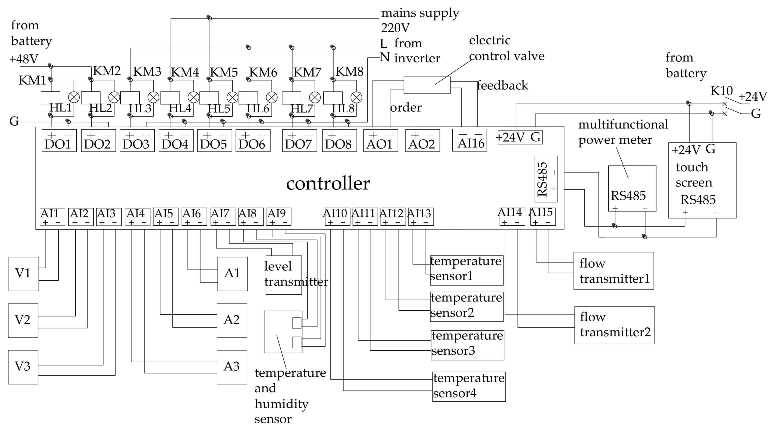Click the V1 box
pyautogui.click(x=23, y=274)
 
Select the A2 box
pyautogui.click(x=232, y=320)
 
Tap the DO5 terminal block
pyautogui.click(x=214, y=140)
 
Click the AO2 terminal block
pyautogui.click(x=422, y=140)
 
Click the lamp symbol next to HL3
pyautogui.click(x=153, y=97)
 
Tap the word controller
pyautogui.click(x=328, y=183)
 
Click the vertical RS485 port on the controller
pyautogui.click(x=546, y=179)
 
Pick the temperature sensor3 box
pyautogui.click(x=467, y=345)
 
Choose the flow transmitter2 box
pyautogui.click(x=614, y=325)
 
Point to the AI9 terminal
pyautogui.click(x=278, y=216)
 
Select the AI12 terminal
pyautogui.click(x=393, y=216)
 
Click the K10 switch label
pyautogui.click(x=721, y=91)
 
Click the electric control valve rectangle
pyautogui.click(x=427, y=85)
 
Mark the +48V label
pyautogui.click(x=24, y=59)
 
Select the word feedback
pyautogui.click(x=502, y=85)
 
